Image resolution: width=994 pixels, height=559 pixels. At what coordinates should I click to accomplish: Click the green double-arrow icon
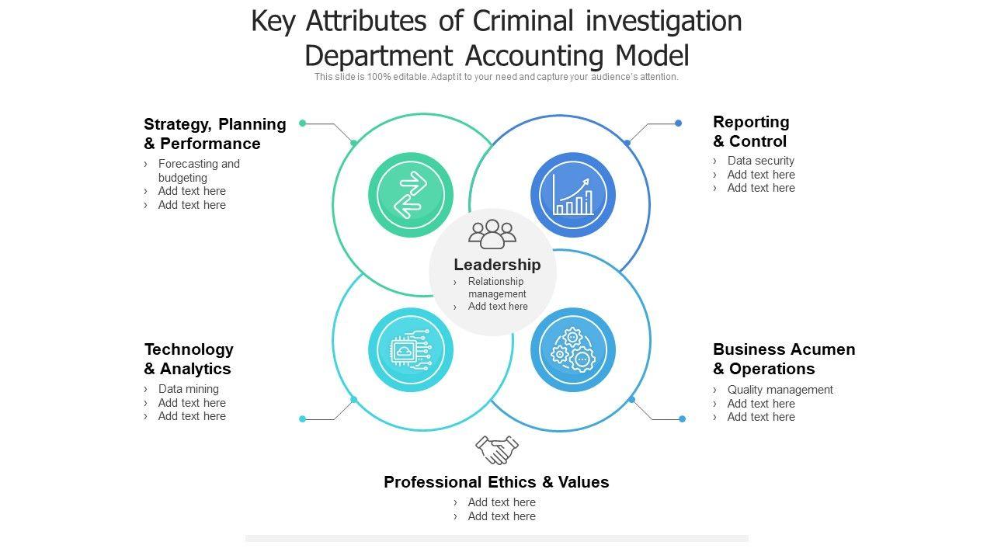pyautogui.click(x=411, y=195)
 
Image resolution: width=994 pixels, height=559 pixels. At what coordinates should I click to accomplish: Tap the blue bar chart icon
pyautogui.click(x=573, y=195)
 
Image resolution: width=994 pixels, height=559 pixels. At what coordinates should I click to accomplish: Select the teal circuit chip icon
pyautogui.click(x=411, y=350)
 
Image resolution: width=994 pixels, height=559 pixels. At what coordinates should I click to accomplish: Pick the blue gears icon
pyautogui.click(x=573, y=350)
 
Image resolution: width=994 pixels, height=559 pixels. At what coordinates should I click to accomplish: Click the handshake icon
pyautogui.click(x=497, y=450)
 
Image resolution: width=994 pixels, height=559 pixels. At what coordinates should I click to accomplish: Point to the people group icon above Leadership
pyautogui.click(x=492, y=234)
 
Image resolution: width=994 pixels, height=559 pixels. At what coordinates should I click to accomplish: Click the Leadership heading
pyautogui.click(x=497, y=265)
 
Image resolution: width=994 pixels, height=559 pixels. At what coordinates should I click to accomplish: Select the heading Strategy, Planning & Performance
pyautogui.click(x=214, y=134)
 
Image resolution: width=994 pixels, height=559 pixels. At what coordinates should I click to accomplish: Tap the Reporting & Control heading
pyautogui.click(x=751, y=131)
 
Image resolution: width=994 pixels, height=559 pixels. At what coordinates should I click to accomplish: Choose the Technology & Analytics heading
pyautogui.click(x=189, y=359)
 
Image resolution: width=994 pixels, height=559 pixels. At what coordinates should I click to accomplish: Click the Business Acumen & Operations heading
pyautogui.click(x=784, y=359)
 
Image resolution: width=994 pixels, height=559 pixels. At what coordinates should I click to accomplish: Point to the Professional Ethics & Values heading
pyautogui.click(x=496, y=482)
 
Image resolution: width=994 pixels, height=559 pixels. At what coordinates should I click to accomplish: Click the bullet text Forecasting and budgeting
pyautogui.click(x=199, y=171)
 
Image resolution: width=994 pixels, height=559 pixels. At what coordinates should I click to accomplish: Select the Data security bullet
pyautogui.click(x=760, y=161)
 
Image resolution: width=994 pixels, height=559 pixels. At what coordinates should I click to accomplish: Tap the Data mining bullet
pyautogui.click(x=188, y=389)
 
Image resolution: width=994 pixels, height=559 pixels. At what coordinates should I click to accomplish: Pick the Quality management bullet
pyautogui.click(x=780, y=390)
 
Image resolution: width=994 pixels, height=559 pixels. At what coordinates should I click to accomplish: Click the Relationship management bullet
pyautogui.click(x=496, y=287)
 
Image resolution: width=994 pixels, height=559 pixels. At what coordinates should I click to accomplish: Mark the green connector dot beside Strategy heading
pyautogui.click(x=303, y=123)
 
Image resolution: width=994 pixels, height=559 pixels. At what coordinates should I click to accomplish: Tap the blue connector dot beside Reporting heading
pyautogui.click(x=678, y=123)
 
